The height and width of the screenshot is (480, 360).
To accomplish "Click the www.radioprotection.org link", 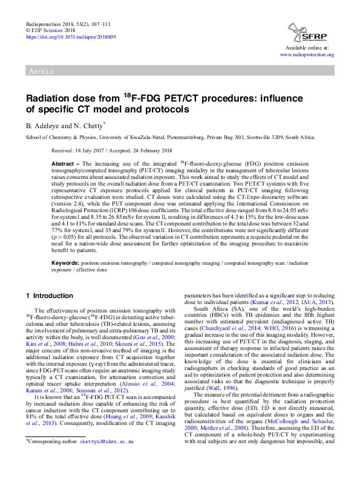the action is (x=307, y=54).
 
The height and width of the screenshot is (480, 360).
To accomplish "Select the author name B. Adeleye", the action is (x=43, y=126).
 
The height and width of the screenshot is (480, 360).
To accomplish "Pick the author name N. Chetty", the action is (x=87, y=126).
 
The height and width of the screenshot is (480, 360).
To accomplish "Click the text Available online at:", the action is (x=308, y=47).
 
